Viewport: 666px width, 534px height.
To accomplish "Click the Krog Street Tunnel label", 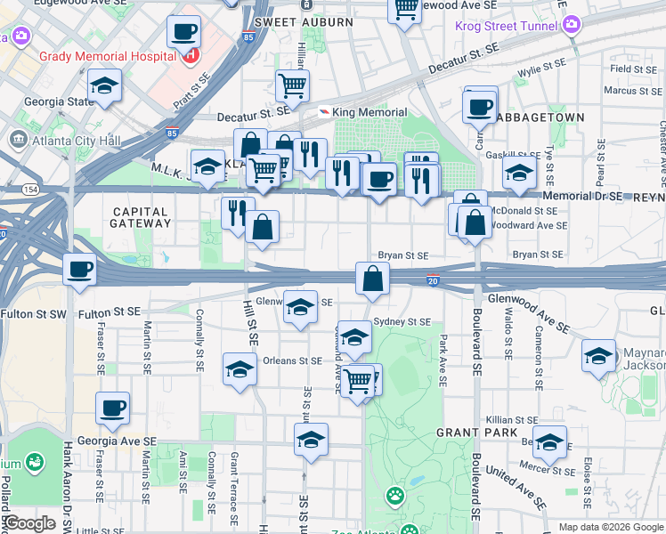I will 505,27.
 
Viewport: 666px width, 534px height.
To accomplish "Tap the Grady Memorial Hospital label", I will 106,56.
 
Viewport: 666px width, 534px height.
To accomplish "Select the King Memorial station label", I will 370,112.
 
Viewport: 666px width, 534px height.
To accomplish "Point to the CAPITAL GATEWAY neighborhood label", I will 142,216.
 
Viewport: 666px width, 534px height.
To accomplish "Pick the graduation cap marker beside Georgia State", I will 105,87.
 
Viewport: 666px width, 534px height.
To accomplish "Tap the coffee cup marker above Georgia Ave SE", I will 113,409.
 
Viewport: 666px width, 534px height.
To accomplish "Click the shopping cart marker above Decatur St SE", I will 292,86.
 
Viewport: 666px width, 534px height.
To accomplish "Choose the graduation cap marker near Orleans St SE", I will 240,369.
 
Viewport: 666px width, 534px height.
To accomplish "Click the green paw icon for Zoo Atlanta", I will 394,493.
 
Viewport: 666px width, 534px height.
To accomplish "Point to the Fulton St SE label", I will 110,312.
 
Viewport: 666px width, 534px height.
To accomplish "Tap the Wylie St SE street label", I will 542,65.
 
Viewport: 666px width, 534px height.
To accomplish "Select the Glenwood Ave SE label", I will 525,312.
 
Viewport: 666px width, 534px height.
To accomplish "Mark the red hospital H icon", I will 189,56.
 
